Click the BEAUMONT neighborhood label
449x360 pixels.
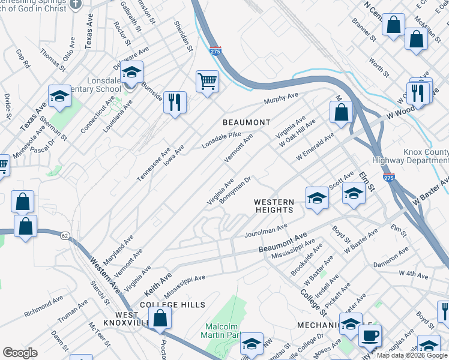coord(246,122)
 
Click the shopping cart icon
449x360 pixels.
coord(207,80)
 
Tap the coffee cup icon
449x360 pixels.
coord(370,335)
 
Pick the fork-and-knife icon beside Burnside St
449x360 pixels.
coord(175,101)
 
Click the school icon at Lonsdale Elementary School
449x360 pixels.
coord(131,73)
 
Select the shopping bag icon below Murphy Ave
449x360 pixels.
coord(341,112)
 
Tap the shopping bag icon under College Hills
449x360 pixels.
coord(160,319)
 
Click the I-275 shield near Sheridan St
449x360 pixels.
coord(215,52)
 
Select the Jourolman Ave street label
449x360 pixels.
coord(267,230)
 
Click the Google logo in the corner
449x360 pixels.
coord(20,353)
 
